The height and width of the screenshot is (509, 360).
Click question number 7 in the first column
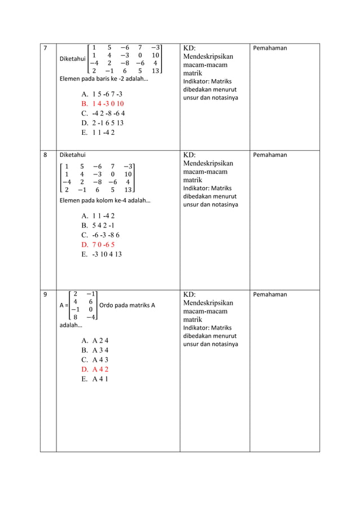click(45, 49)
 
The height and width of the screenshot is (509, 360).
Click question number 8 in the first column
click(45, 155)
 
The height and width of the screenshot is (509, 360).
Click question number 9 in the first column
click(45, 295)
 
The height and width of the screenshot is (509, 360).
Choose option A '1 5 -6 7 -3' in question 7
click(102, 94)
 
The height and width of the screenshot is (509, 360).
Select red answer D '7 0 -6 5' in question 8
click(98, 244)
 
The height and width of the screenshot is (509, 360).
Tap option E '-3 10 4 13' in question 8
click(102, 254)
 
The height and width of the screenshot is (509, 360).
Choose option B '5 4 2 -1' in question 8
click(98, 225)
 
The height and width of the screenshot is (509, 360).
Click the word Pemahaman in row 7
click(270, 49)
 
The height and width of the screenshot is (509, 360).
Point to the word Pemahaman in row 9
click(270, 295)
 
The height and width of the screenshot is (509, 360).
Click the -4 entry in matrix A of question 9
click(90, 317)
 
